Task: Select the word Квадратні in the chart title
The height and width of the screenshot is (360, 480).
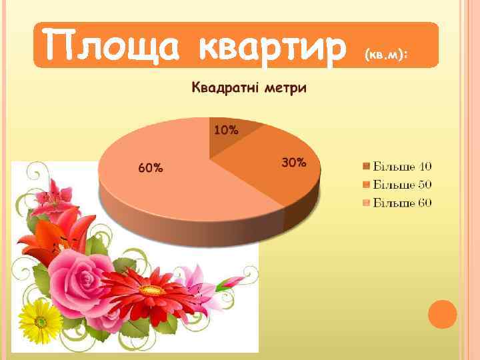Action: pos(224,88)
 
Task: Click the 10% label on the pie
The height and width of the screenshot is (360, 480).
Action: pos(225,130)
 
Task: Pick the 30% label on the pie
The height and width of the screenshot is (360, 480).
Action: pos(294,162)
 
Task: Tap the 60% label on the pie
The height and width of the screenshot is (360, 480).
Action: pos(150,168)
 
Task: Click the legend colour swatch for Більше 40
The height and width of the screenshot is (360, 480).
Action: pos(367,165)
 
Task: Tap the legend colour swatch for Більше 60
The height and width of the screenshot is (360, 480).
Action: pos(367,202)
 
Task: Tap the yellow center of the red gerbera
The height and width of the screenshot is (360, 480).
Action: pos(153,291)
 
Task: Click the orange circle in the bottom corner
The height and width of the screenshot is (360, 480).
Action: pos(443,314)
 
